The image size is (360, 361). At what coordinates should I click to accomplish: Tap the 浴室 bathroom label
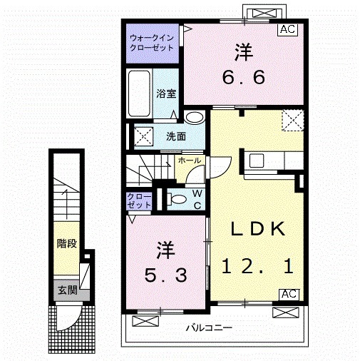(x=166, y=93)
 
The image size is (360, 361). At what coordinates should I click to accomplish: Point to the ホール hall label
(x=189, y=161)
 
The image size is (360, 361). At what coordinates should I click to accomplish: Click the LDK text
(x=257, y=229)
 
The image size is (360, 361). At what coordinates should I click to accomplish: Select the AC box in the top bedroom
(x=288, y=30)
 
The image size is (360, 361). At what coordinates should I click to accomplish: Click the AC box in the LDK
(x=288, y=294)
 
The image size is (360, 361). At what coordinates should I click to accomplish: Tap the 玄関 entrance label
(x=67, y=290)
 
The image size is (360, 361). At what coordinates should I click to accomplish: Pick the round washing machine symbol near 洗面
(x=193, y=118)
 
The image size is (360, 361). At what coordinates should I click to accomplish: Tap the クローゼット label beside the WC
(x=139, y=200)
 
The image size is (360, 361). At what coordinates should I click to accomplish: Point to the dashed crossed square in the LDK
(x=291, y=121)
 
